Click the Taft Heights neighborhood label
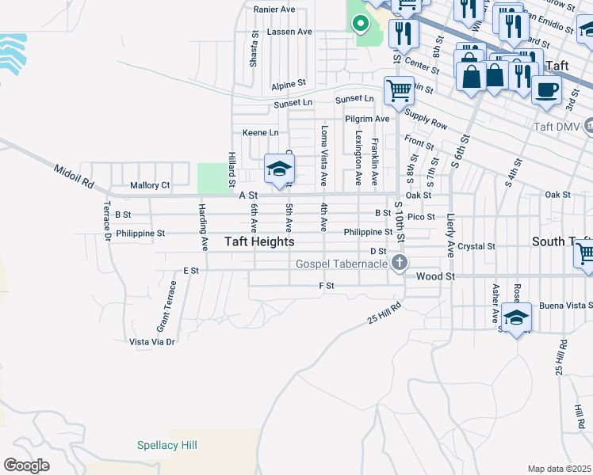[x=259, y=241]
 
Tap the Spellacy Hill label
[x=166, y=446]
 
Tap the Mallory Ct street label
[x=150, y=185]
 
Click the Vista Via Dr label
[x=151, y=342]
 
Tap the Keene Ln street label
[x=261, y=132]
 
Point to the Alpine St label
[x=289, y=84]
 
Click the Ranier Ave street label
[x=274, y=9]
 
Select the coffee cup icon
[x=545, y=90]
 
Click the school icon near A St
[x=279, y=169]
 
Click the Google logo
[x=26, y=465]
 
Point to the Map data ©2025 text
[x=560, y=469]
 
